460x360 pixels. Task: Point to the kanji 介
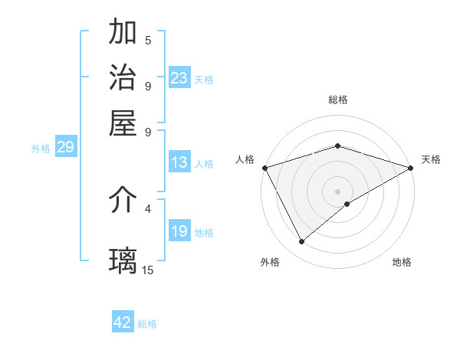pyautogui.click(x=123, y=201)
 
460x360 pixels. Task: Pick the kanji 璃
pyautogui.click(x=123, y=260)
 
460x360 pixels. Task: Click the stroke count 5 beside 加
pyautogui.click(x=148, y=41)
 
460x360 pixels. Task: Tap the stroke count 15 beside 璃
pyautogui.click(x=148, y=269)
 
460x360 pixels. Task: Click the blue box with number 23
pyautogui.click(x=179, y=78)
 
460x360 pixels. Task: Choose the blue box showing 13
pyautogui.click(x=179, y=162)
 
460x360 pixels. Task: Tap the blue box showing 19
pyautogui.click(x=179, y=231)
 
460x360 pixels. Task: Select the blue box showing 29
pyautogui.click(x=65, y=147)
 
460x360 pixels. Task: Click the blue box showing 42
pyautogui.click(x=123, y=322)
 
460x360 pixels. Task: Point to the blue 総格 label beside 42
pyautogui.click(x=148, y=324)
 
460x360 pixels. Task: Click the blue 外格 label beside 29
pyautogui.click(x=41, y=149)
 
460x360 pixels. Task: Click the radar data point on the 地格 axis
pyautogui.click(x=347, y=203)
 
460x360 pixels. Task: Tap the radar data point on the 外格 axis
pyautogui.click(x=302, y=242)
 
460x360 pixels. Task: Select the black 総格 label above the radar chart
pyautogui.click(x=338, y=100)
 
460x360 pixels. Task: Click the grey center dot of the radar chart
pyautogui.click(x=338, y=191)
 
